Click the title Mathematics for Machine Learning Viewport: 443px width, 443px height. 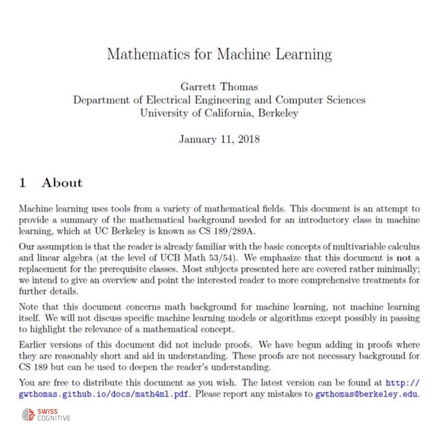pos(220,54)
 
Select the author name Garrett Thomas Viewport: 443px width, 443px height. pos(220,87)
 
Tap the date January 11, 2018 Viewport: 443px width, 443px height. pos(220,139)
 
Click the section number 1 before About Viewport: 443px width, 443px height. pos(23,183)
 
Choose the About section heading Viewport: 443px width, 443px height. pos(62,183)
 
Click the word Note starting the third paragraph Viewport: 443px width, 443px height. pos(31,306)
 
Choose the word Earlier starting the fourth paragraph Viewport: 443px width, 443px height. pos(36,343)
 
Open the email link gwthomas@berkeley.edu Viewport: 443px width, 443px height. pos(366,394)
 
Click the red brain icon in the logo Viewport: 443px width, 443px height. pos(29,414)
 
